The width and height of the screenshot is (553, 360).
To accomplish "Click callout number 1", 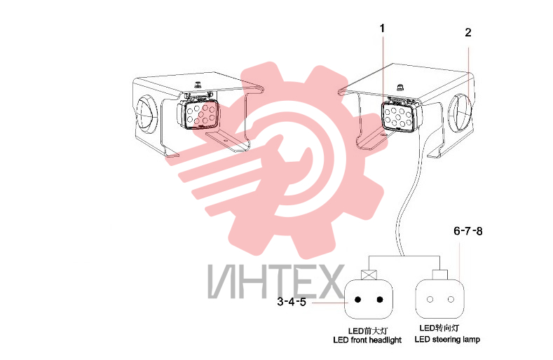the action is pos(382,28).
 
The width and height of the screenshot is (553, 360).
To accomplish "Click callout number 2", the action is pos(468,32).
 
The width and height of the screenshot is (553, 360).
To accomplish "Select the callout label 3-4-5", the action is pos(292,302).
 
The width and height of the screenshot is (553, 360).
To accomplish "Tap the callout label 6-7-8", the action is pos(468,231).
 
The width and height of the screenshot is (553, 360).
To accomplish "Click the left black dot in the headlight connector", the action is pos(357,300).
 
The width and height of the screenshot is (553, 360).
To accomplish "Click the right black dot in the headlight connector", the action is pos(380,300).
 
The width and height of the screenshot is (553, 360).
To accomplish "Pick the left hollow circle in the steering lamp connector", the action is pos(430,299).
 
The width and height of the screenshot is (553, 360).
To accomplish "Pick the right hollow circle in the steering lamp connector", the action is pos(451,299).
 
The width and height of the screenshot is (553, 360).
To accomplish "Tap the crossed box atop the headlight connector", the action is pos(369,275).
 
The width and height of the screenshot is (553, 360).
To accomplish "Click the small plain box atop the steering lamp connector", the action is pos(439,275).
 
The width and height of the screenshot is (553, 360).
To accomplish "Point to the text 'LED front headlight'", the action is pos(367,340).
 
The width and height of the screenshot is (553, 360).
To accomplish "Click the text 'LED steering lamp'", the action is pos(447,340).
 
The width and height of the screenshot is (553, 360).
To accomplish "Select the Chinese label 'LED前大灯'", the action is pos(368,331).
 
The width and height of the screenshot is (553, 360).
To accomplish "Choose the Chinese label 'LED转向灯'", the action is pos(439,328).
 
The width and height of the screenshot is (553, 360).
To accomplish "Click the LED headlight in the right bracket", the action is pos(402,115).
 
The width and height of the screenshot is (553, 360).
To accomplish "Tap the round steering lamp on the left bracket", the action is pos(145,114).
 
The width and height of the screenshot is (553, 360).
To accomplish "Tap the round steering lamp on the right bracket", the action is pos(460,112).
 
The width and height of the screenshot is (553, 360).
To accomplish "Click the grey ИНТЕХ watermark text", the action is pos(275,282).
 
